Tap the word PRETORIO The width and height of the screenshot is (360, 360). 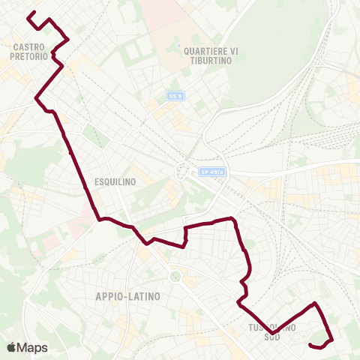click(x=30, y=55)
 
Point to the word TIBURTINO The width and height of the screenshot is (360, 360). click(x=211, y=61)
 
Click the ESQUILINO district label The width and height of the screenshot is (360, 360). click(x=115, y=181)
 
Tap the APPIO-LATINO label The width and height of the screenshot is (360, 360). click(x=128, y=296)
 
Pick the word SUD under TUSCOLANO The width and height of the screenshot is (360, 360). click(x=271, y=337)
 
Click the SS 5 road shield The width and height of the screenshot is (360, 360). click(x=175, y=96)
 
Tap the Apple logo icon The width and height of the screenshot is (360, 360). click(x=11, y=347)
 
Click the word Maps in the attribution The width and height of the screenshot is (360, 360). click(x=32, y=347)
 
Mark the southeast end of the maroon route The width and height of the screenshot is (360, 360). click(x=310, y=344)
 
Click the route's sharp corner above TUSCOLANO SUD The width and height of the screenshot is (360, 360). click(x=315, y=303)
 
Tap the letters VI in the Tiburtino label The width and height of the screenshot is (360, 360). click(x=233, y=51)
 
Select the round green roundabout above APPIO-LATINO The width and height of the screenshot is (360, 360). click(x=177, y=276)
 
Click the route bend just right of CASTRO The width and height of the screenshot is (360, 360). click(x=68, y=38)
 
